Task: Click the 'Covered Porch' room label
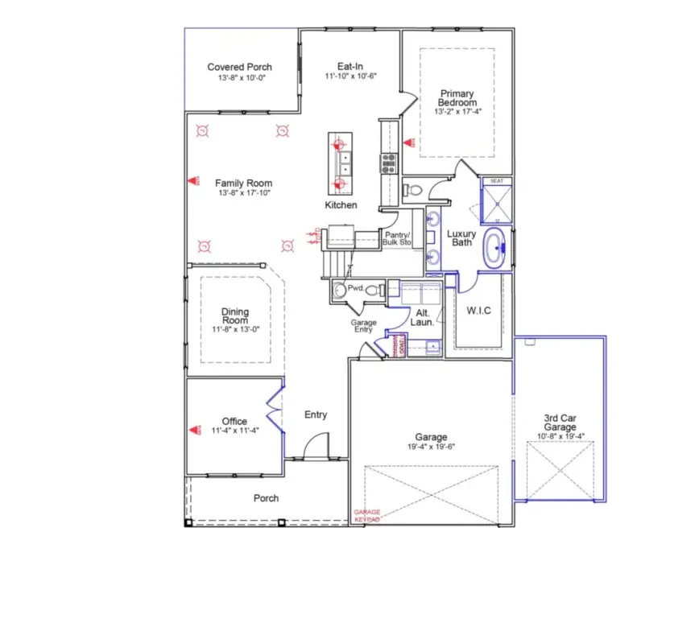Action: pos(239,67)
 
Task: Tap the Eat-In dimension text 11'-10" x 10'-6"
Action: pos(350,76)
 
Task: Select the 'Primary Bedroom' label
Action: pos(457,98)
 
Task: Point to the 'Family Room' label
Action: pos(243,183)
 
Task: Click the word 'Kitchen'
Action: pos(341,205)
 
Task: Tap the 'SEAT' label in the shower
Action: pos(497,182)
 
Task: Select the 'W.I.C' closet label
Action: pos(480,310)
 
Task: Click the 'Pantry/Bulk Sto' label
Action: pos(397,238)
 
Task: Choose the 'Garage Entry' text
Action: pos(364,326)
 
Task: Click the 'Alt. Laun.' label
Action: pos(424,316)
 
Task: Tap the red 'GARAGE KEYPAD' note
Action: pos(367,516)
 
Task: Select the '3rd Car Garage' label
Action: pos(560,423)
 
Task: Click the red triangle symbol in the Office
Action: pos(193,431)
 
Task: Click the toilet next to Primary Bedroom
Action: pos(411,190)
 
